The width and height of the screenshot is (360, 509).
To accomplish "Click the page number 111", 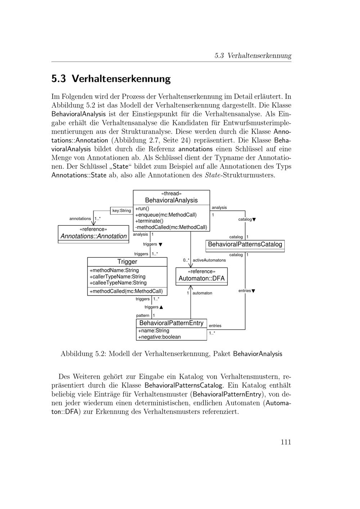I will (285, 442).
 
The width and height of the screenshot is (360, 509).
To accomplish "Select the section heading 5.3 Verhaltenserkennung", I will (111, 78).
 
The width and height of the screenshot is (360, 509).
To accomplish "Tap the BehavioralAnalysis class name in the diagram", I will (171, 200).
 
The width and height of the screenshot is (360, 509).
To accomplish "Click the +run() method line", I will (142, 208).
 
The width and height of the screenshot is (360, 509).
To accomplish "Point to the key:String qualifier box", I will (122, 211).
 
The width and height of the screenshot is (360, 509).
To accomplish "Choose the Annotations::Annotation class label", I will (94, 236).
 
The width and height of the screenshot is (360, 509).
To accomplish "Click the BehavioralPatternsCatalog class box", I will (245, 244).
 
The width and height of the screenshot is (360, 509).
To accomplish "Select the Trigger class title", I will (127, 262).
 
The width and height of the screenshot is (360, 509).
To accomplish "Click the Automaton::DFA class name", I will (202, 278).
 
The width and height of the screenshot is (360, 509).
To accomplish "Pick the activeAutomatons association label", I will (209, 260).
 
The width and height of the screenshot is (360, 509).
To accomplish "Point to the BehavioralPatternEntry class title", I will (171, 323).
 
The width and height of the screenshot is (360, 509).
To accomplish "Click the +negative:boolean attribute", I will (159, 337).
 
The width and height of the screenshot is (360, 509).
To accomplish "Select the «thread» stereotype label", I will (171, 194).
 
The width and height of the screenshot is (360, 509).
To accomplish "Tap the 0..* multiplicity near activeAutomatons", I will (186, 260).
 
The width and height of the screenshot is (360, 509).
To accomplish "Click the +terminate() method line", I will (149, 221).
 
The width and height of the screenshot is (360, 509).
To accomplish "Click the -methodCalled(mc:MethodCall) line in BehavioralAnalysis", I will (171, 227).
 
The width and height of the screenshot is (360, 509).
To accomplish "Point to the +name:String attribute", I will (154, 330).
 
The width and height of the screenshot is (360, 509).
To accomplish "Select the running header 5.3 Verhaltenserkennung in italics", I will (253, 55).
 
